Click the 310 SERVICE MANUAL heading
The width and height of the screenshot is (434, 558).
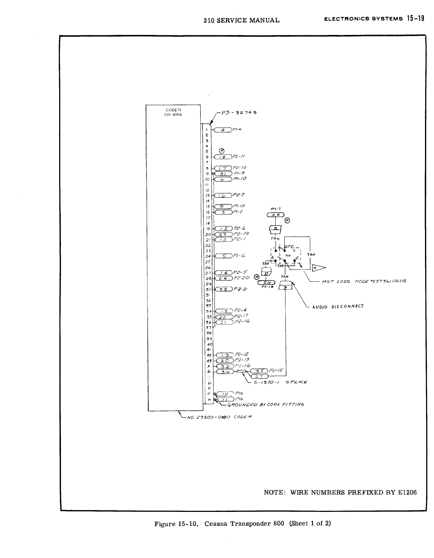[241, 20]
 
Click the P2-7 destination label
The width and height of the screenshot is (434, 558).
[239, 195]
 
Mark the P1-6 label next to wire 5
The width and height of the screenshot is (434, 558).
[239, 256]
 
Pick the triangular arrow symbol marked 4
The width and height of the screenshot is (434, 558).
[319, 267]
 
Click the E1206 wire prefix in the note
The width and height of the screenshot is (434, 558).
[407, 492]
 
